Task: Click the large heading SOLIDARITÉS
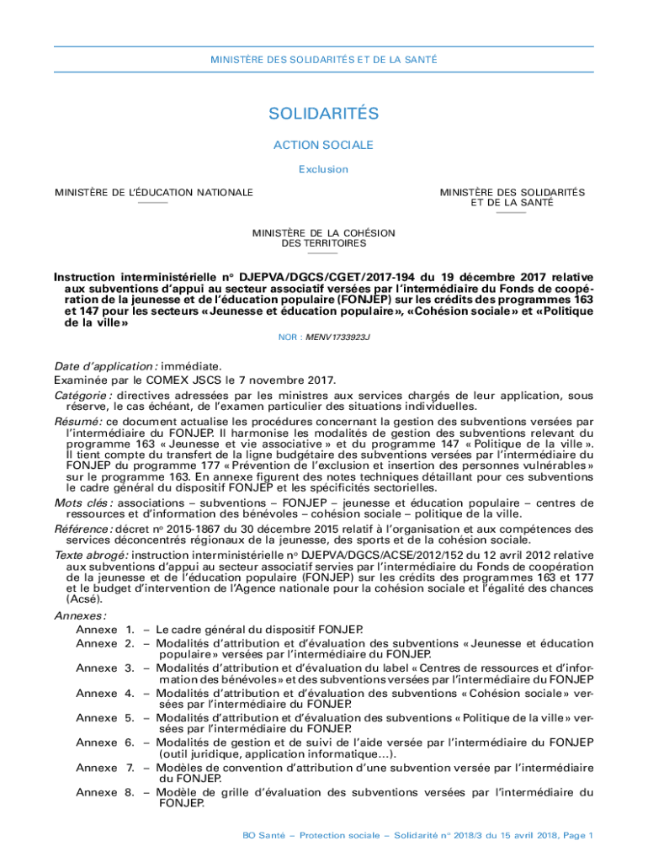(x=323, y=114)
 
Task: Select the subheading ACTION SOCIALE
(x=323, y=145)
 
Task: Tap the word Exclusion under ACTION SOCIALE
(x=323, y=169)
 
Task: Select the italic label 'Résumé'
(x=78, y=421)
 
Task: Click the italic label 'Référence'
(x=85, y=529)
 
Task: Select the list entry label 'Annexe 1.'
(x=105, y=629)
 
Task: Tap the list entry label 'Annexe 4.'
(x=105, y=694)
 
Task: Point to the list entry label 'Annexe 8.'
(x=105, y=792)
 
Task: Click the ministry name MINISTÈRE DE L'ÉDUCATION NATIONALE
(x=154, y=193)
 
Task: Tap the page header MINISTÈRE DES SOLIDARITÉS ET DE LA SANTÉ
(x=323, y=59)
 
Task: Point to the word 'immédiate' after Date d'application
(x=191, y=366)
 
